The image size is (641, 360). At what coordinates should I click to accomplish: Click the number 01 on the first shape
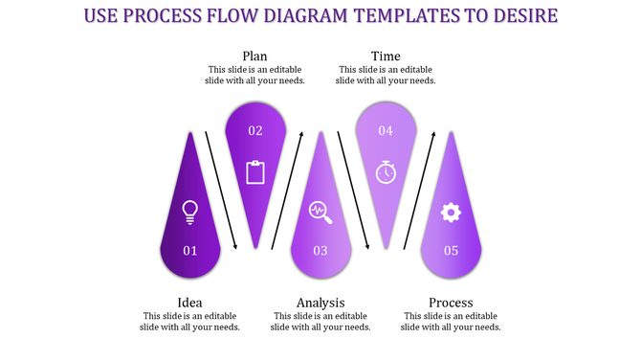click(189, 251)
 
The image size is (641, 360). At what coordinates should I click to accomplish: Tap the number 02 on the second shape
click(255, 130)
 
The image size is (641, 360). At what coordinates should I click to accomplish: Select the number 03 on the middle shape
click(320, 251)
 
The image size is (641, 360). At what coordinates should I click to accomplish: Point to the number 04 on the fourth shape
click(386, 130)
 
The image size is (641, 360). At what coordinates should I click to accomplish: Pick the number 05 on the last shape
click(451, 251)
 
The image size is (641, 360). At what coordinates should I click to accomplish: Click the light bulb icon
click(189, 212)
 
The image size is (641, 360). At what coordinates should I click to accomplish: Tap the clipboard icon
click(255, 172)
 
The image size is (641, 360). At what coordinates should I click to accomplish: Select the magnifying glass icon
click(320, 212)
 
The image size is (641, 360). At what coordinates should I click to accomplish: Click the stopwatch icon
click(386, 171)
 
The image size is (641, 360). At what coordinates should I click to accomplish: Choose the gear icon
click(451, 212)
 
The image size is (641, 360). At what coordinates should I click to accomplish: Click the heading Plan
click(254, 56)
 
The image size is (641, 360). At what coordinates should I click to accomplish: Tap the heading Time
click(386, 56)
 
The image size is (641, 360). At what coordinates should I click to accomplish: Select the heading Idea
click(189, 303)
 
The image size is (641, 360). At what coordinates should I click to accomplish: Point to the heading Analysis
click(320, 303)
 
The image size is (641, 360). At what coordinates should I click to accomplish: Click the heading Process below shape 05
click(451, 303)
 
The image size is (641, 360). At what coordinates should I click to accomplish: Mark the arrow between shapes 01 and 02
click(222, 190)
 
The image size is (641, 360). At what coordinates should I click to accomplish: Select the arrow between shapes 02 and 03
click(288, 190)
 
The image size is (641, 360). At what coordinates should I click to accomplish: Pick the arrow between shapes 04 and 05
click(419, 190)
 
